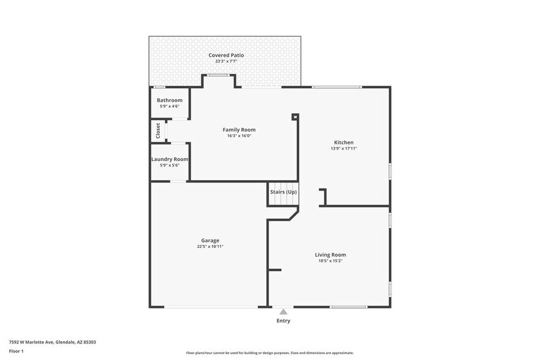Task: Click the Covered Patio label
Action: (226, 55)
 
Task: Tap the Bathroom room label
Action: (169, 100)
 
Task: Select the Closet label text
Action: (158, 130)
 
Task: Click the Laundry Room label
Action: (170, 159)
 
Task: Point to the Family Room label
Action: (239, 130)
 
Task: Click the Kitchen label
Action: (343, 142)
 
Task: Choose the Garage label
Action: (210, 241)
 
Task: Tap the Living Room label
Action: (331, 255)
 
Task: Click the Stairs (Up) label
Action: (283, 192)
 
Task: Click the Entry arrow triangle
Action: (283, 312)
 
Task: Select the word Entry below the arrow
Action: (283, 321)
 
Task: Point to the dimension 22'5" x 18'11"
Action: (210, 247)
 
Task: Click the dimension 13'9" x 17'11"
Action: (343, 148)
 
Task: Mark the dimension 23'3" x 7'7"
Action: (226, 61)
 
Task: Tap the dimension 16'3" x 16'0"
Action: (239, 136)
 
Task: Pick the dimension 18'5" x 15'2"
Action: (331, 261)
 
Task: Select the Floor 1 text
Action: (16, 351)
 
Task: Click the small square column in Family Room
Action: (294, 116)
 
